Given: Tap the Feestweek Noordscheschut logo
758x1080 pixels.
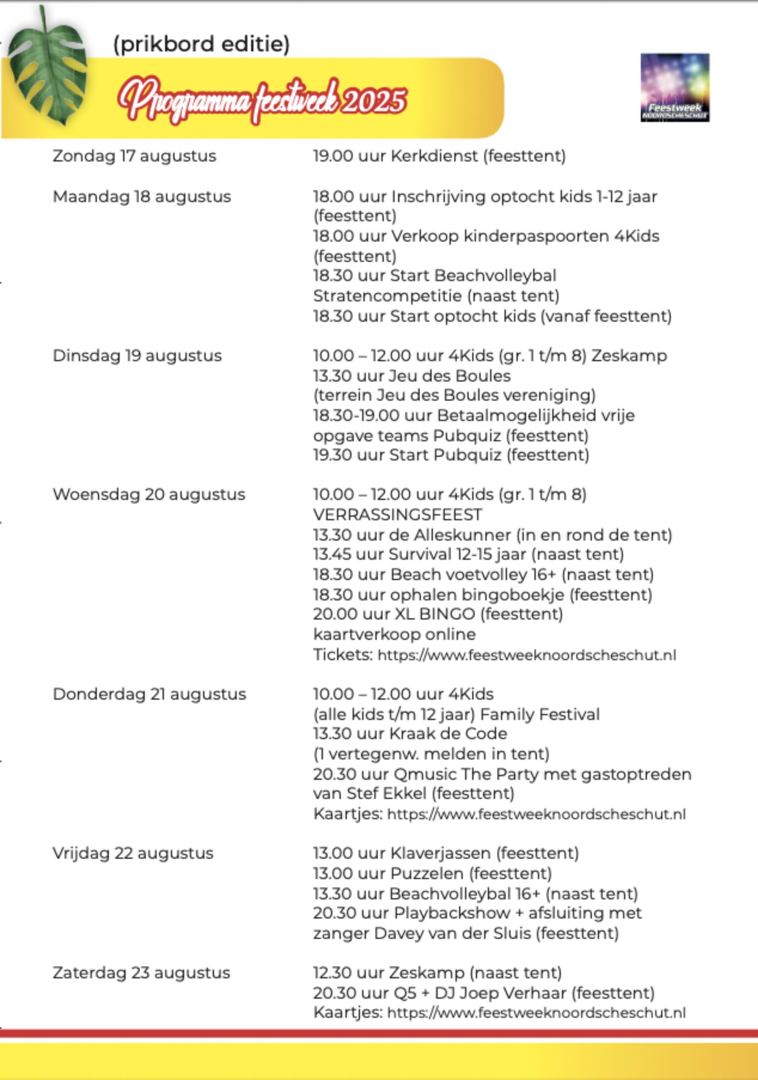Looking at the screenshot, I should coord(675,87).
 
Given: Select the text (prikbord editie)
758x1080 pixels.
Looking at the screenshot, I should coord(201,44).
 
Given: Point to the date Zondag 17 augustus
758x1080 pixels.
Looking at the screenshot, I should coord(134,156).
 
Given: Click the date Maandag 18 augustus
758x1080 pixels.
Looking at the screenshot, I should coord(142,197).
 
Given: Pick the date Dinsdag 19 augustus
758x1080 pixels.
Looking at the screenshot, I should coord(137,356).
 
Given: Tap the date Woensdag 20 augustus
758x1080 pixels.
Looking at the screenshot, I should coord(148,494).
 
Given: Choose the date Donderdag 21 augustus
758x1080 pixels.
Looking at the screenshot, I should coord(149,694).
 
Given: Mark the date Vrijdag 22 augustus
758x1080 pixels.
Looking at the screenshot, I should coord(132,853).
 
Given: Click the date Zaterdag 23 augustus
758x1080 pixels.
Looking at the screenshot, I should coord(141,973).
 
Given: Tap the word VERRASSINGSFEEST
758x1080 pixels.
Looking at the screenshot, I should coord(397,515).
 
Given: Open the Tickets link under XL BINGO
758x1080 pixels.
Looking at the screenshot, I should coord(527,655).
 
